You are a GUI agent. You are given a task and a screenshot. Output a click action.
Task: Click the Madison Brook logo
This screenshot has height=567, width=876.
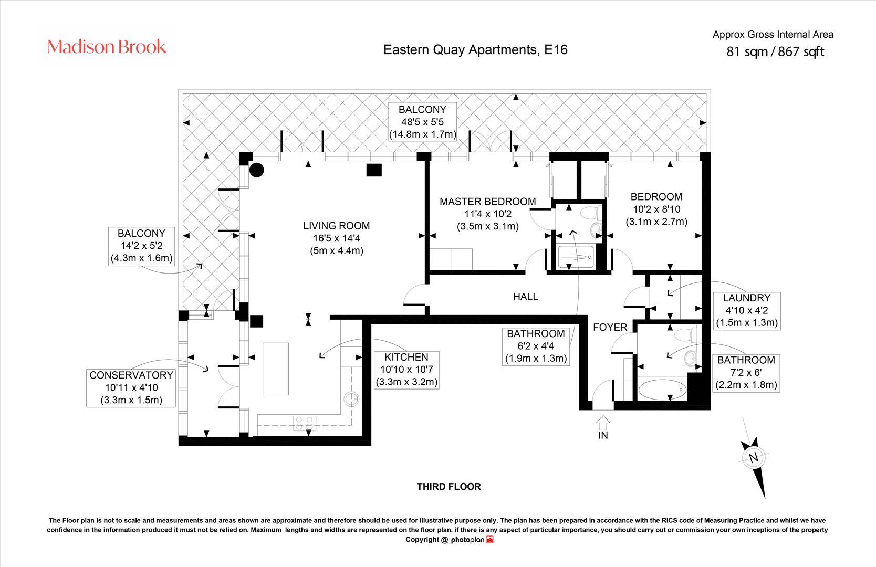pyautogui.click(x=107, y=47)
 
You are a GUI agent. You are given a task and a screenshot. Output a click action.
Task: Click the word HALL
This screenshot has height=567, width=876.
pyautogui.click(x=526, y=297)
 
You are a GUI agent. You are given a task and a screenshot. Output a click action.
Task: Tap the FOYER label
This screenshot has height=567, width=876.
pyautogui.click(x=610, y=327)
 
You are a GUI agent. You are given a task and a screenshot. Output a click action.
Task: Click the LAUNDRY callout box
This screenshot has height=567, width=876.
pyautogui.click(x=747, y=311)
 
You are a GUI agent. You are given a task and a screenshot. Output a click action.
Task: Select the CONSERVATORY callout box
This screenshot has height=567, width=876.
pyautogui.click(x=131, y=388)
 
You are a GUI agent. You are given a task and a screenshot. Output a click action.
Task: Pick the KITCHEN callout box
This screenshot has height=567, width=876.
pyautogui.click(x=406, y=370)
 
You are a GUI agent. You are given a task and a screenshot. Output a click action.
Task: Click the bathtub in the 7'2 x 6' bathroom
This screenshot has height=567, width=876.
pyautogui.click(x=662, y=390)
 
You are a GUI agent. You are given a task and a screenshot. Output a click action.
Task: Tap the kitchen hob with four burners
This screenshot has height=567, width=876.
pyautogui.click(x=305, y=423)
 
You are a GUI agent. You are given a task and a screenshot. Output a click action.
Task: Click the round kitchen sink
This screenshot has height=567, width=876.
pyautogui.click(x=351, y=399)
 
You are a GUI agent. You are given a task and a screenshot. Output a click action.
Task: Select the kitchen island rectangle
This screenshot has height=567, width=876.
pyautogui.click(x=276, y=369)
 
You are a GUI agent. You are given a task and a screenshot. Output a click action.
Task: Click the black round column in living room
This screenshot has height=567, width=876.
pyautogui.click(x=256, y=170)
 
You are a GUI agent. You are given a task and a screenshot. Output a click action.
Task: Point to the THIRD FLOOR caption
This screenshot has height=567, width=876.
pyautogui.click(x=449, y=487)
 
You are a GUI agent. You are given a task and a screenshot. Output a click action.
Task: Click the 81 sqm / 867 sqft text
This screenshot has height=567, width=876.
pyautogui.click(x=775, y=51)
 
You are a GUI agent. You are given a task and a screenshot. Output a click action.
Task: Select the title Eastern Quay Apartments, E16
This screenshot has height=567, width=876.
pyautogui.click(x=475, y=50)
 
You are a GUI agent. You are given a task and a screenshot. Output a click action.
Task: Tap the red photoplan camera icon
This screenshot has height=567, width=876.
pyautogui.click(x=489, y=540)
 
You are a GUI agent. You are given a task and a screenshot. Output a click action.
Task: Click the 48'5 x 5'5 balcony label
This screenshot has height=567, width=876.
pyautogui.click(x=422, y=122)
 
